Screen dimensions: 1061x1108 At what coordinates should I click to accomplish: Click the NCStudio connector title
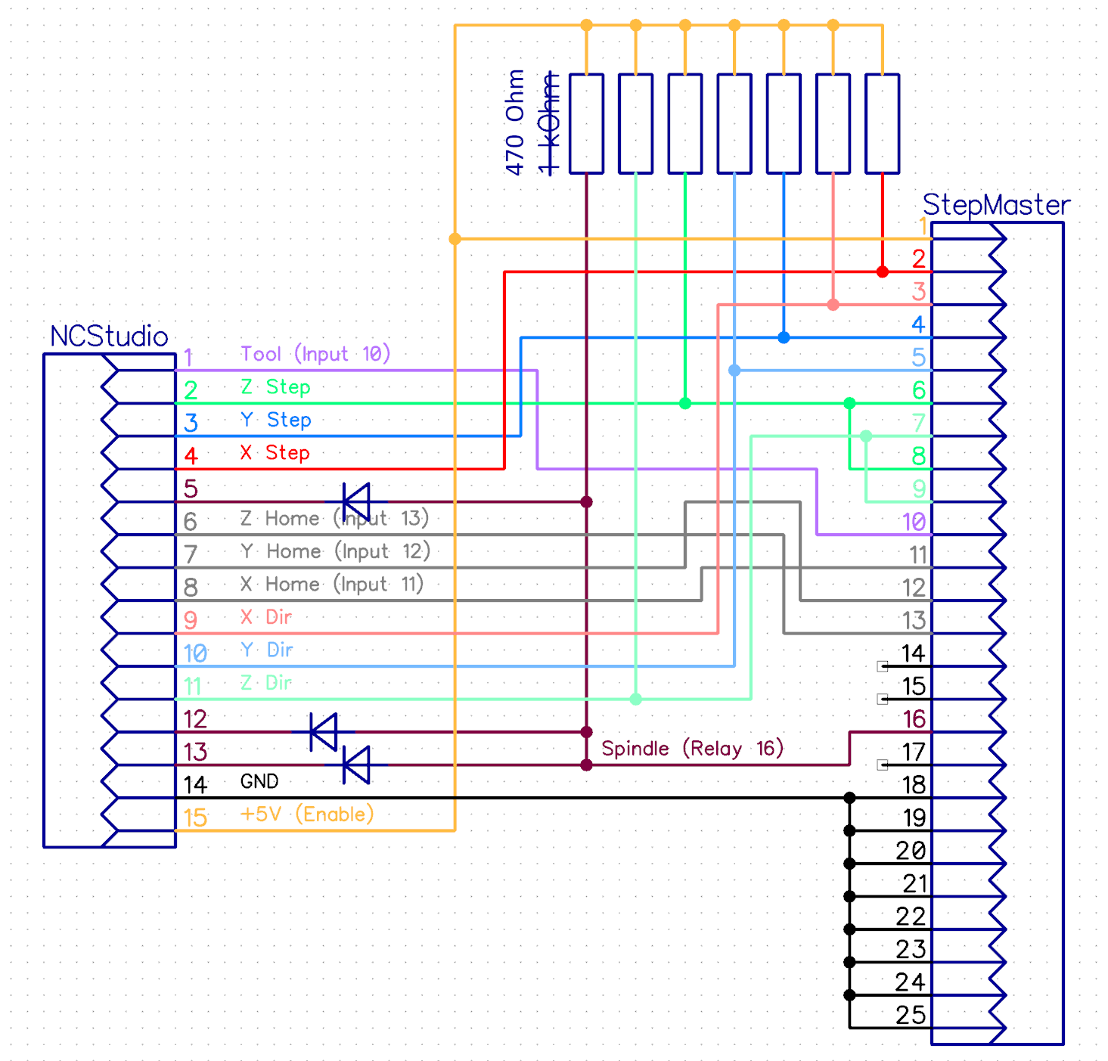pos(109,337)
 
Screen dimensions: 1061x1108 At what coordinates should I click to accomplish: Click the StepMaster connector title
pos(996,205)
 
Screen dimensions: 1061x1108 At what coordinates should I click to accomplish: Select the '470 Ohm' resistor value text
pos(515,122)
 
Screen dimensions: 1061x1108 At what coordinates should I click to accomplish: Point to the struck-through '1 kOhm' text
pos(550,122)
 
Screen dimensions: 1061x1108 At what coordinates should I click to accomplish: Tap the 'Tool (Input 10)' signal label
pos(315,354)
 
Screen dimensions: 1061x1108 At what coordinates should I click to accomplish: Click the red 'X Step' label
pos(275,453)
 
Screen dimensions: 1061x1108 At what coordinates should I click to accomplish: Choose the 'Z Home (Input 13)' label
pos(334,519)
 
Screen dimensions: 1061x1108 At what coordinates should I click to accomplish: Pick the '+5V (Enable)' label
pos(306,814)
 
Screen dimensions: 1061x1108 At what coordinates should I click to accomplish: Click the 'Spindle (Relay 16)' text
pos(692,749)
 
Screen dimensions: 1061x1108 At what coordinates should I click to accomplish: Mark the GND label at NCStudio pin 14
pos(259,782)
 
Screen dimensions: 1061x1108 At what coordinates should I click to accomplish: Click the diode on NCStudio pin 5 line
pos(356,501)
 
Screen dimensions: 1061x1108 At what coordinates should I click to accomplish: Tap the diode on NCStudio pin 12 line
pos(324,732)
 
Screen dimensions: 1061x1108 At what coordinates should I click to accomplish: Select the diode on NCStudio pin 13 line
pos(356,765)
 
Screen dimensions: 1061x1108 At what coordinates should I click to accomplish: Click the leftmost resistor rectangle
pos(586,123)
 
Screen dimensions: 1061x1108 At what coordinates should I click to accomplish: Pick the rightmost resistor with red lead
pos(882,123)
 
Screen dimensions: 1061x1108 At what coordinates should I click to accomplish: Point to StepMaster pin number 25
pos(911,1015)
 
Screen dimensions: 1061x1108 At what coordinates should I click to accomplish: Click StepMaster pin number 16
pos(914,719)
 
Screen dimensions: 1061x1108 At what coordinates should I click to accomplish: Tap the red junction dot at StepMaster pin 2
pos(883,271)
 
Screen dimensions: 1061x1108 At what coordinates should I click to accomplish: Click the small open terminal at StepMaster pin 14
pos(883,666)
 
